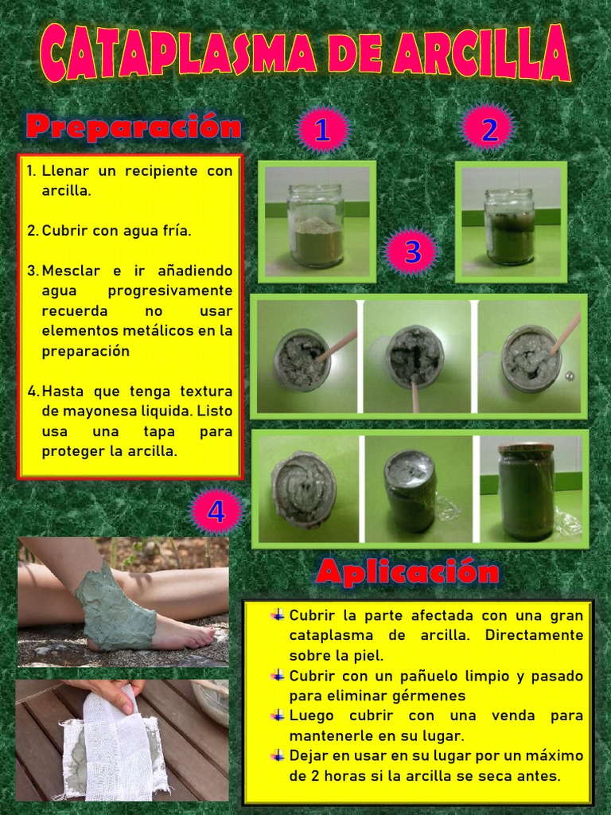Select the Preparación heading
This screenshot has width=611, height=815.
(133, 127)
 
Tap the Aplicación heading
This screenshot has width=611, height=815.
(407, 571)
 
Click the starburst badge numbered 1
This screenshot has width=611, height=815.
(322, 131)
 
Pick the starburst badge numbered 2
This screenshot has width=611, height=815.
(489, 129)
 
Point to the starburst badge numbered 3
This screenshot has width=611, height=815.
(411, 252)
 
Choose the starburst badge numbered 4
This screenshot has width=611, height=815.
(216, 513)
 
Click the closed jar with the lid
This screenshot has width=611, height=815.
(526, 491)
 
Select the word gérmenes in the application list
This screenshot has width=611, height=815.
(426, 696)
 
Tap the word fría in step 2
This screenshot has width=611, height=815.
(175, 231)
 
